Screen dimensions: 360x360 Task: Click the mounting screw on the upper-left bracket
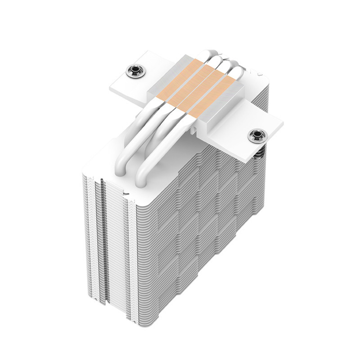click(132, 69)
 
